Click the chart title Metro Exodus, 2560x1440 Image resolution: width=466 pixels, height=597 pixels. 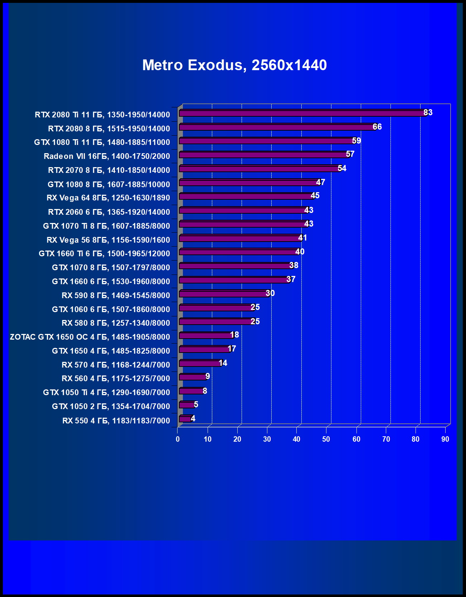pyautogui.click(x=234, y=65)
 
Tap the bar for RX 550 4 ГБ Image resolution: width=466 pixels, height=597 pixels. pyautogui.click(x=186, y=419)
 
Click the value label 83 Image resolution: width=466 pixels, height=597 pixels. pyautogui.click(x=428, y=112)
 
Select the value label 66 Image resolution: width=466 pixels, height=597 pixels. pyautogui.click(x=377, y=127)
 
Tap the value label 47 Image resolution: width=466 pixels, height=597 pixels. pyautogui.click(x=320, y=182)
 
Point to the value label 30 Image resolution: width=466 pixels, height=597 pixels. pyautogui.click(x=270, y=293)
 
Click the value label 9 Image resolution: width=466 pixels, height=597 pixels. pyautogui.click(x=208, y=376)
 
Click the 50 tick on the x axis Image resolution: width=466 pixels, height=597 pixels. pyautogui.click(x=326, y=439)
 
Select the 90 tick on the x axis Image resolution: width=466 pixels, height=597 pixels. pyautogui.click(x=445, y=439)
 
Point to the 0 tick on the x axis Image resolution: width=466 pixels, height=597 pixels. pyautogui.click(x=178, y=439)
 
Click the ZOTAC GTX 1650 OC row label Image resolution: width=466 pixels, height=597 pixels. pyautogui.click(x=90, y=337)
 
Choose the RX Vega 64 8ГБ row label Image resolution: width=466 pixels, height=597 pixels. pyautogui.click(x=108, y=198)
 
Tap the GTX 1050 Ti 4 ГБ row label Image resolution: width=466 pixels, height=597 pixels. pyautogui.click(x=106, y=392)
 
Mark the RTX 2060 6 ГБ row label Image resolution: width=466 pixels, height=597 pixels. pyautogui.click(x=109, y=212)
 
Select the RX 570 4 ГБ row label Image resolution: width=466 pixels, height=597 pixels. pyautogui.click(x=116, y=365)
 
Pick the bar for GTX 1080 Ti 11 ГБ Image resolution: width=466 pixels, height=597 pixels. pyautogui.click(x=267, y=141)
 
